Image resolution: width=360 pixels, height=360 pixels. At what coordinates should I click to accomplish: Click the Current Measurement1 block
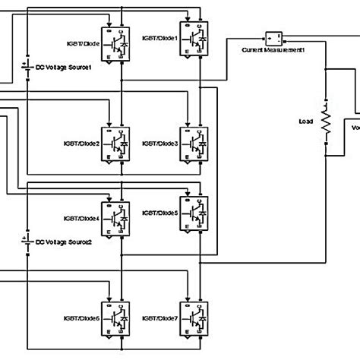tap(273, 38)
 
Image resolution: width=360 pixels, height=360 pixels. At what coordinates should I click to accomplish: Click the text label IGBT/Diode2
tap(81, 141)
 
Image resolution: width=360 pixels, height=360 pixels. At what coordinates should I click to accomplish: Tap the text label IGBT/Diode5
tap(160, 213)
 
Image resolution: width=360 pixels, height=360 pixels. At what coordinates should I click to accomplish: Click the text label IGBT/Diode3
tap(160, 141)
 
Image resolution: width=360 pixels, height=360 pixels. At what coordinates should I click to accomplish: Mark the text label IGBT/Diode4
tap(81, 219)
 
